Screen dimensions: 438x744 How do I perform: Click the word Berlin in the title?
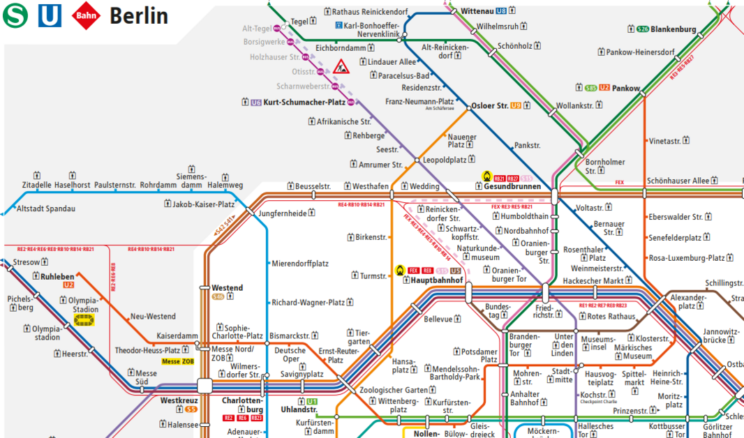[139, 15]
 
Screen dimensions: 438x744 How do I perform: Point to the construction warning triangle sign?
[341, 68]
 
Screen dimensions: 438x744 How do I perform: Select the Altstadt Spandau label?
[45, 209]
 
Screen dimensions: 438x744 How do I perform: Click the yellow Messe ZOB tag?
[177, 361]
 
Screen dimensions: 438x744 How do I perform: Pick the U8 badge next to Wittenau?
[501, 11]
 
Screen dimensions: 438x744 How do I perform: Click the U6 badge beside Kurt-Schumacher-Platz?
[256, 103]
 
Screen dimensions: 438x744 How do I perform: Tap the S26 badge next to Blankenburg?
[643, 29]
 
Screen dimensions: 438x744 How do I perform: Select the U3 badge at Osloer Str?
[516, 106]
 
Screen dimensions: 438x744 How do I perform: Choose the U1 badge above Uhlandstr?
[311, 401]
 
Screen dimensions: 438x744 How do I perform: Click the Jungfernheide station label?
[283, 213]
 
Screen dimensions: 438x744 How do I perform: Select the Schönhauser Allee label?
[678, 181]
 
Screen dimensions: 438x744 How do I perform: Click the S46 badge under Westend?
[218, 297]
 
